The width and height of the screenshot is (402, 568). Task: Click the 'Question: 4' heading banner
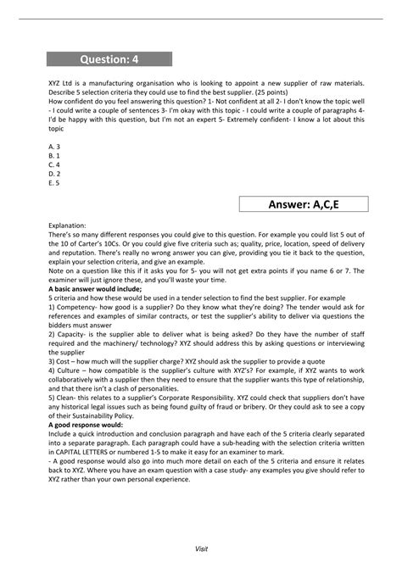[x=109, y=58]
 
